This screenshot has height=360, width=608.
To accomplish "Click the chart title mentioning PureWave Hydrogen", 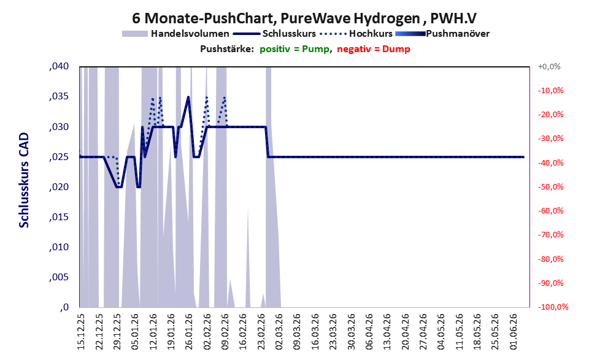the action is [304, 18].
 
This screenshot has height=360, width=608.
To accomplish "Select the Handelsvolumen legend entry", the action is [175, 34].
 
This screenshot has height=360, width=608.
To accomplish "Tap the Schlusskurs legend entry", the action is [274, 34].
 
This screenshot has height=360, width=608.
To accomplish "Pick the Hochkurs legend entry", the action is [356, 34].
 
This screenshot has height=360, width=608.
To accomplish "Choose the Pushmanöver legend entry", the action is [442, 34].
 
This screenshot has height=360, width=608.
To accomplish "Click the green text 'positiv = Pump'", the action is [295, 49].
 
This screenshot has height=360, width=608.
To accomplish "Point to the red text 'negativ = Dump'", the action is [374, 49].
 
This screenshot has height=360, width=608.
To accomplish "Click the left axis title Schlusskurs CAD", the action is [24, 180].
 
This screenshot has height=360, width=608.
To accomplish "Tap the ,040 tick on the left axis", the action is [59, 66].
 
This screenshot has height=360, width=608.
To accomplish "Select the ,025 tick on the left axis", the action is [59, 157].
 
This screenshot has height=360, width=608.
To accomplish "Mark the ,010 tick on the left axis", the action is [59, 247].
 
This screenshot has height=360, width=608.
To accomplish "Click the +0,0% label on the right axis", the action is [549, 67].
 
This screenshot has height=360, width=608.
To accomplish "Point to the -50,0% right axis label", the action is [550, 187].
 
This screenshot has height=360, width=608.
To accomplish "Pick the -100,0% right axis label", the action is [553, 307].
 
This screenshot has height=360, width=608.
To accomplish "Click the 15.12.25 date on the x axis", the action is [81, 331].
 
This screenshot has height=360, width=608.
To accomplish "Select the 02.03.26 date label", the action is [279, 331].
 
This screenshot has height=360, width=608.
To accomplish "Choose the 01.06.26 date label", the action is [514, 331].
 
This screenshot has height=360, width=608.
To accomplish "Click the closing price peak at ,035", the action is [188, 97].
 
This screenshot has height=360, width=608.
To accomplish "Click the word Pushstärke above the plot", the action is [227, 49].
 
